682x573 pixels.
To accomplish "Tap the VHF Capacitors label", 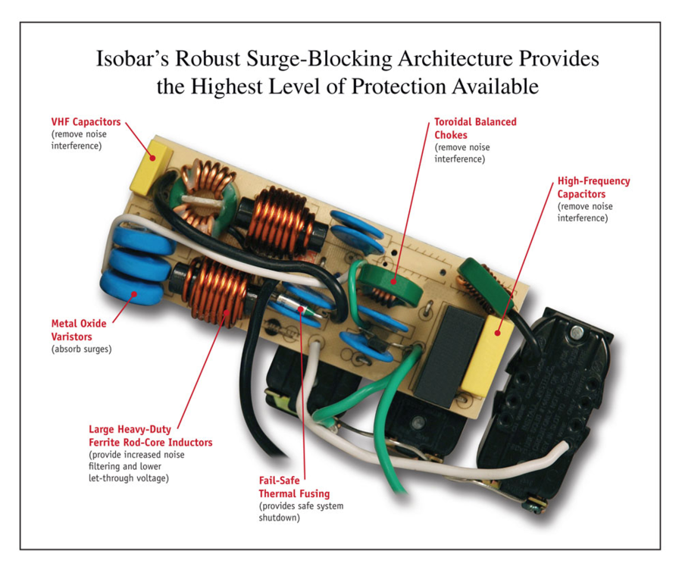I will pyautogui.click(x=86, y=122).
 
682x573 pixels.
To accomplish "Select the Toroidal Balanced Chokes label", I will pyautogui.click(x=475, y=127).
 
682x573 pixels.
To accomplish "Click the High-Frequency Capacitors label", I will pyautogui.click(x=593, y=187).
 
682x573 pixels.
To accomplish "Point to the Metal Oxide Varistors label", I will pyautogui.click(x=79, y=329).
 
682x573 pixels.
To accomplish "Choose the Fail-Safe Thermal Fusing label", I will pyautogui.click(x=294, y=488).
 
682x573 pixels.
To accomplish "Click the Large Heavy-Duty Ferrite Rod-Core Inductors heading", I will pyautogui.click(x=150, y=435).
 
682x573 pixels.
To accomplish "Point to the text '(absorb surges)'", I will pyautogui.click(x=83, y=349).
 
